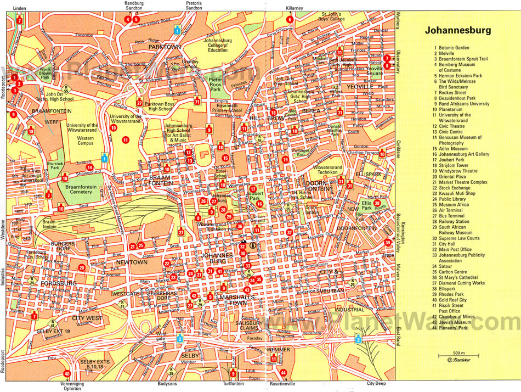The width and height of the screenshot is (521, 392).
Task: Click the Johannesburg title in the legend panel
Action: coord(457,30)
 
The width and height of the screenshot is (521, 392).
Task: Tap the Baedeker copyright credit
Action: coord(460,360)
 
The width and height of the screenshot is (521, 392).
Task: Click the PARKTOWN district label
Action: coord(165,47)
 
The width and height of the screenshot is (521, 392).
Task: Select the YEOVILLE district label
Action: coord(360,87)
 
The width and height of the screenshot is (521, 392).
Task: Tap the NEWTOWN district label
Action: coord(132,262)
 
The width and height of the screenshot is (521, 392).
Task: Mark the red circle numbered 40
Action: coord(67,373)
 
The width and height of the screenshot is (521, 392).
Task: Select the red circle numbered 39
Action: coord(388,242)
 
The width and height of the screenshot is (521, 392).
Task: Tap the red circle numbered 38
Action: coord(377,203)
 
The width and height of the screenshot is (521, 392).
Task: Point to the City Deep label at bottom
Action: coord(377,384)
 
